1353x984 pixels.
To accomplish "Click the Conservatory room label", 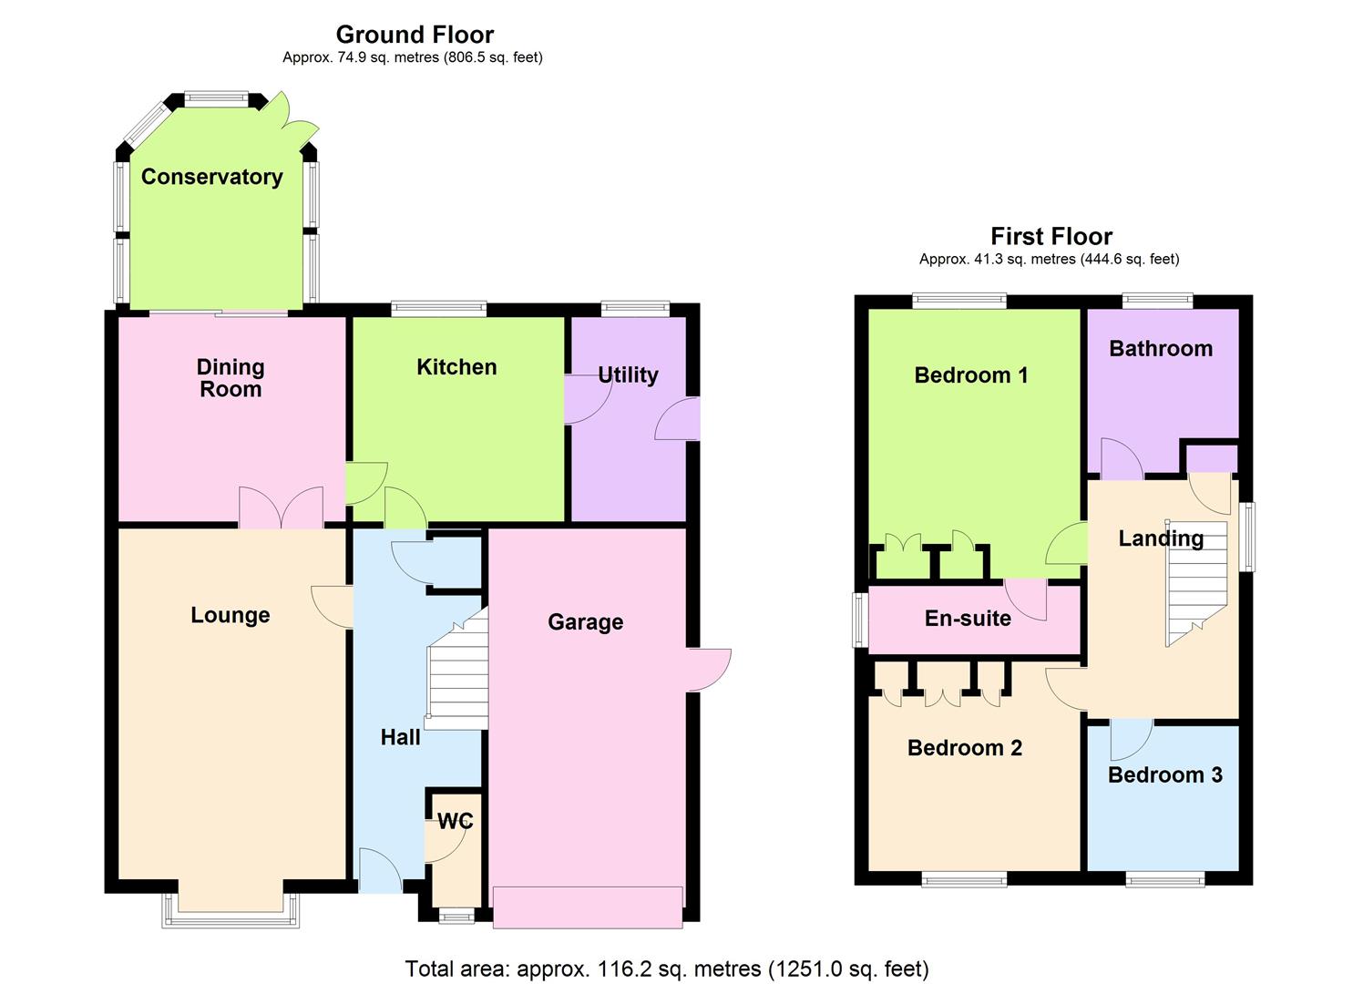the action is pos(212,177).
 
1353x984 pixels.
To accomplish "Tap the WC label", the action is pos(455,821).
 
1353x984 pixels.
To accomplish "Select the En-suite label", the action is pos(968,618).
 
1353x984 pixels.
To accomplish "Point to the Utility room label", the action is pos(628,375).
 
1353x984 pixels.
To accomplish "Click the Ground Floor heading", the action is pos(415,35).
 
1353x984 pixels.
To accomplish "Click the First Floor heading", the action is pos(1051,236).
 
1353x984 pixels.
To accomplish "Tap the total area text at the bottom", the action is pos(667,969).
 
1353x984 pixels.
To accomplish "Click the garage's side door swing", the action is pos(709,671).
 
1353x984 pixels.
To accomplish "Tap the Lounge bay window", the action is pos(231,910).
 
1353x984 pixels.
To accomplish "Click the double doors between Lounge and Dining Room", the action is pos(282,507).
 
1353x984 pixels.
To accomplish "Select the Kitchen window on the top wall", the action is pos(438,309).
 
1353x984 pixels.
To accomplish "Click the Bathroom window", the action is pos(1158,301).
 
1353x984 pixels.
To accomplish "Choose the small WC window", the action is pos(456,917).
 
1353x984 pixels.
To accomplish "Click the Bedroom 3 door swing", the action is pos(1132,740).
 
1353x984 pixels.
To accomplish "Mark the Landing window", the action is pos(1246,537).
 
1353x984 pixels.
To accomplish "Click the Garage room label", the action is pos(585,622).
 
